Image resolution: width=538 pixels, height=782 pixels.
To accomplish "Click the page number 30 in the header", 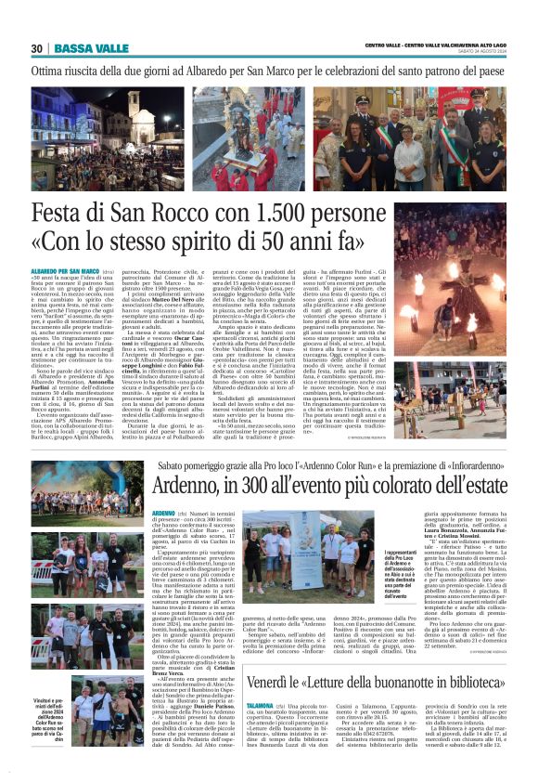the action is click(x=37, y=48).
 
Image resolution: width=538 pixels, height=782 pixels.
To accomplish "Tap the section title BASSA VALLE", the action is click(x=91, y=48).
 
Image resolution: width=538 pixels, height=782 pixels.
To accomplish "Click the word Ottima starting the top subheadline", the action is click(x=52, y=70).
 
